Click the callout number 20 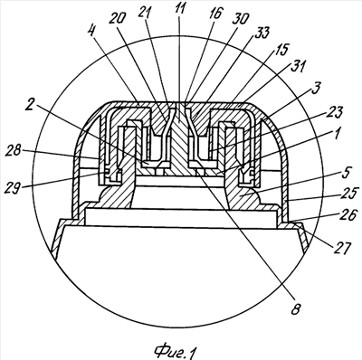coord(117,19)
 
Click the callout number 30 coord(240,19)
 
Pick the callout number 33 coord(261,33)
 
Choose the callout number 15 coord(281,51)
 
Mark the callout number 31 coord(298,67)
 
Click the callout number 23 coord(335,112)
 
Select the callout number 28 coord(14,151)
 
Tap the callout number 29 coord(14,189)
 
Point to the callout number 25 coord(348,194)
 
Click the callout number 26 coord(348,215)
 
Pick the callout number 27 coord(342,248)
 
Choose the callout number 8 coord(296,309)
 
